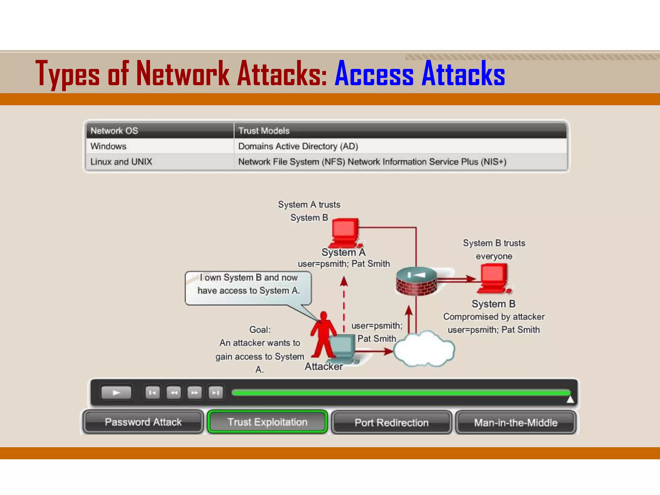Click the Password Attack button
click(143, 422)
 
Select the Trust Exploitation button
click(267, 422)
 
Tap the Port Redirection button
click(391, 422)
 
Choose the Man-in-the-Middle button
click(515, 422)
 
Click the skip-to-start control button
click(152, 393)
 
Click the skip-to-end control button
click(216, 393)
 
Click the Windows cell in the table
click(160, 146)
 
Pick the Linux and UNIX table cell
click(160, 162)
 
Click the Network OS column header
click(160, 131)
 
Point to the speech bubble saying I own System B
click(248, 287)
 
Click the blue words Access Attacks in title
click(420, 74)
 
